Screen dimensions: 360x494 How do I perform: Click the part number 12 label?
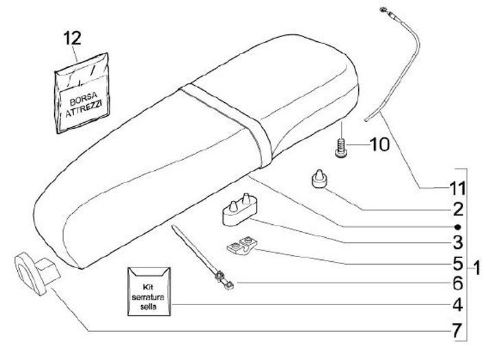tap(72, 38)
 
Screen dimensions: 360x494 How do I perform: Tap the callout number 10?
tap(379, 145)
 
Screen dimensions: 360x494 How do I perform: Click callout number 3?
tap(457, 242)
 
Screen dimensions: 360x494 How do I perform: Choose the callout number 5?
tap(457, 263)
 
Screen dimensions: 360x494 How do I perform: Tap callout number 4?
tap(457, 304)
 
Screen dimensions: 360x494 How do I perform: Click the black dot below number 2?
tap(457, 226)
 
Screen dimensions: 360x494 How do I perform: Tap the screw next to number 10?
tap(340, 147)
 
